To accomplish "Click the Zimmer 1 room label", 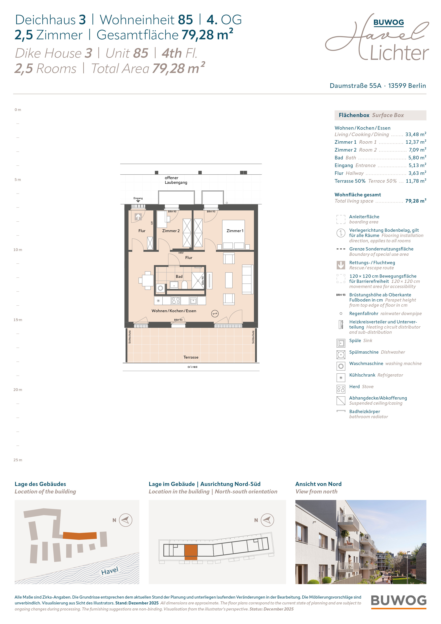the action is [x=235, y=231].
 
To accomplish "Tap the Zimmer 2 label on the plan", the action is [x=171, y=231].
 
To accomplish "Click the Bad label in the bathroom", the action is [x=179, y=276].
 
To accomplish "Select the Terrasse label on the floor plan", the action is [x=191, y=357].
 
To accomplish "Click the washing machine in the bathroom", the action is [x=161, y=288].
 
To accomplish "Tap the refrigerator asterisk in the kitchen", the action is [x=158, y=301].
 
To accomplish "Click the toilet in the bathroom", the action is [x=185, y=285].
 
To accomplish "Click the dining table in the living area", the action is [x=148, y=280].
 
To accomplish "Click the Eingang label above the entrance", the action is [x=138, y=198].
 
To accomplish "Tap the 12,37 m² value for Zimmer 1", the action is [x=416, y=142].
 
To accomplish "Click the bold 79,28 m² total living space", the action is [x=416, y=201].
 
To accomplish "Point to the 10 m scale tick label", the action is [x=18, y=250].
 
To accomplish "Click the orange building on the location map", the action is [x=80, y=535].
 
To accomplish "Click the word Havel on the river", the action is [x=110, y=571].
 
